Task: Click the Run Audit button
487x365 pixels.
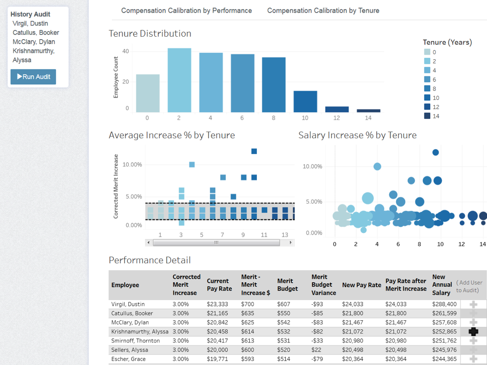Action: (x=33, y=77)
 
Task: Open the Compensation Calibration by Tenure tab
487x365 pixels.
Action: (x=323, y=11)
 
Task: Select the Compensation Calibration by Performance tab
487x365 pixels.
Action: (x=187, y=11)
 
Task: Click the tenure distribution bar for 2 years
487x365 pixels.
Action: (x=179, y=80)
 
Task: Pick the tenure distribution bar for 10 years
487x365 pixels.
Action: (x=305, y=101)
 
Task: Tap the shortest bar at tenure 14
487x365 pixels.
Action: (x=368, y=110)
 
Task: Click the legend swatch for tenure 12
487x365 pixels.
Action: (x=427, y=107)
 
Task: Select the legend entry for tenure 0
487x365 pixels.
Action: (x=427, y=52)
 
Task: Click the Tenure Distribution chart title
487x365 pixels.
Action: (x=150, y=34)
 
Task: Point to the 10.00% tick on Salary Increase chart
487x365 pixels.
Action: (x=312, y=167)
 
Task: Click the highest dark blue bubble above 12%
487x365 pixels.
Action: (x=435, y=152)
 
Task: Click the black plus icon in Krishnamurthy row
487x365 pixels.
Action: (x=473, y=331)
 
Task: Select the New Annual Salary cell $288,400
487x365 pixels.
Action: (x=444, y=304)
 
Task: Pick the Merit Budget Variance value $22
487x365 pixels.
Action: (x=316, y=350)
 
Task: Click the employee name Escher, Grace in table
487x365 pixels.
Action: (x=128, y=359)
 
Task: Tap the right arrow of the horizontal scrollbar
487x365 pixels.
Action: (x=290, y=242)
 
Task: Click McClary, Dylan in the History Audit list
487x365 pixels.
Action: (x=34, y=42)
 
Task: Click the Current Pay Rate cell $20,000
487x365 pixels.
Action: (x=217, y=350)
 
